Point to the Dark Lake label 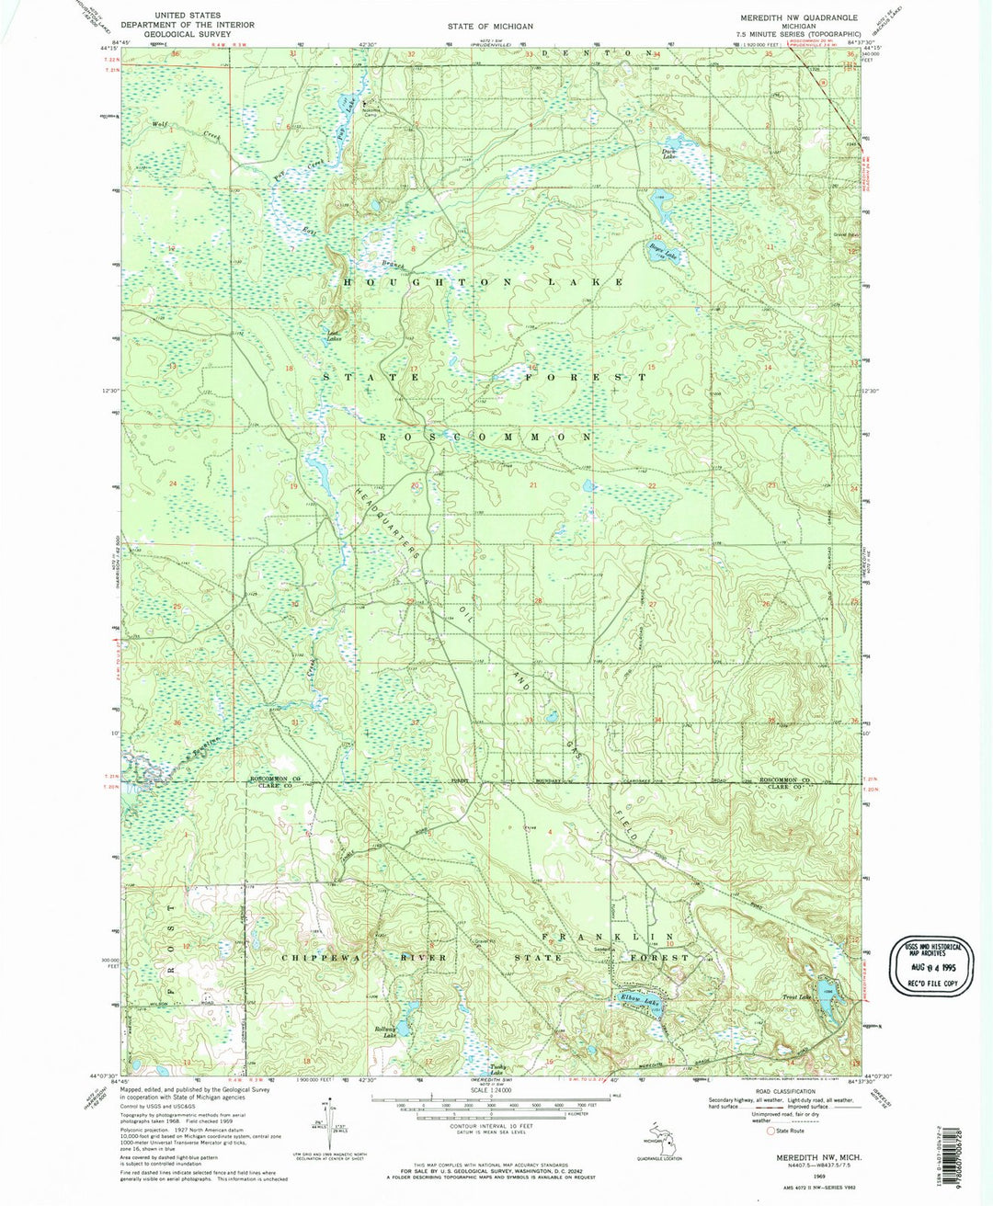point(668,155)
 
